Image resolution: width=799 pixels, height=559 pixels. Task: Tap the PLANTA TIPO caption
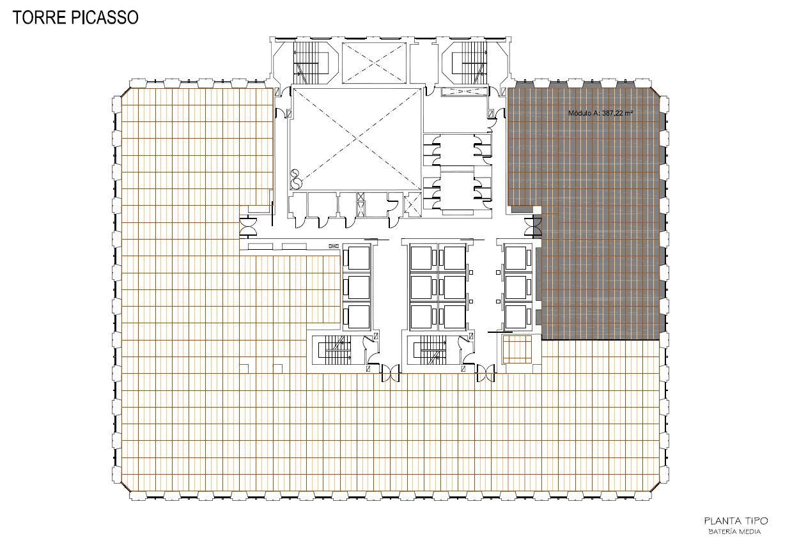pyautogui.click(x=736, y=521)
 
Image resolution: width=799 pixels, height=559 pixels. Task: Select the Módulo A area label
pyautogui.click(x=600, y=113)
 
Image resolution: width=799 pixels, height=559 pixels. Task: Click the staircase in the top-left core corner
pyautogui.click(x=306, y=63)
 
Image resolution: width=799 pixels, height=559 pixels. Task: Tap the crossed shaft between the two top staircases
pyautogui.click(x=374, y=63)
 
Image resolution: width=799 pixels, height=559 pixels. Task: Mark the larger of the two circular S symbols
pyautogui.click(x=296, y=184)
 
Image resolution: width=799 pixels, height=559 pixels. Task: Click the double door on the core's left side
pyautogui.click(x=248, y=227)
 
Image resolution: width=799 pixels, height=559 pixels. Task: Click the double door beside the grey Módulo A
pyautogui.click(x=533, y=227)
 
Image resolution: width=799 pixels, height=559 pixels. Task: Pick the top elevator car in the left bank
pyautogui.click(x=357, y=257)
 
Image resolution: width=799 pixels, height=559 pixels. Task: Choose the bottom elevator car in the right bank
pyautogui.click(x=516, y=316)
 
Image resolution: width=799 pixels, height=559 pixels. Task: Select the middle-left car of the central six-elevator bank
pyautogui.click(x=422, y=287)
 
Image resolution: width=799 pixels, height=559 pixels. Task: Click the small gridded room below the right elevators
pyautogui.click(x=517, y=349)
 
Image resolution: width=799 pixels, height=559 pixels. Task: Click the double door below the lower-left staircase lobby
pyautogui.click(x=391, y=373)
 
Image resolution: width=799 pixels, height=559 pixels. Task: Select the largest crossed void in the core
pyautogui.click(x=355, y=139)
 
